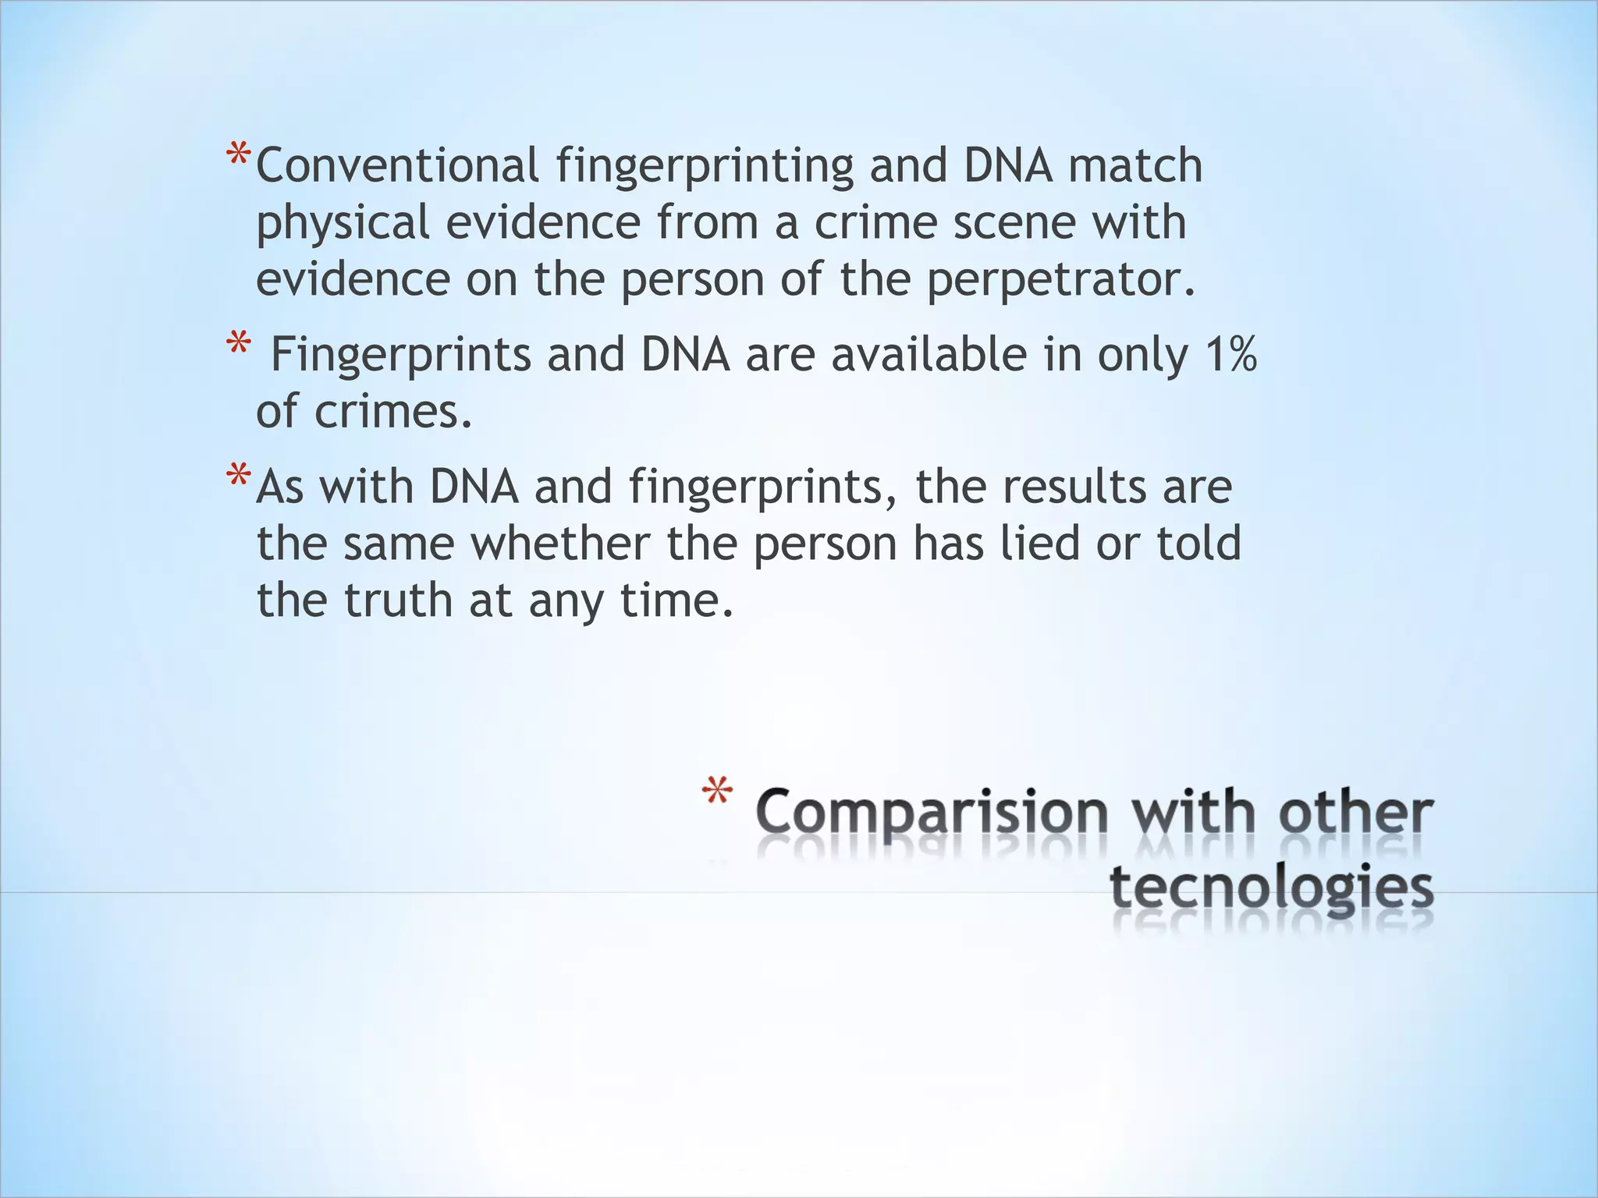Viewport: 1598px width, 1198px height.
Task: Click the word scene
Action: pyautogui.click(x=1014, y=223)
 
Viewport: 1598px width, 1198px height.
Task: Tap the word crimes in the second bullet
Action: pyautogui.click(x=392, y=412)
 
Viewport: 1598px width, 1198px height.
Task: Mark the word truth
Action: pyautogui.click(x=398, y=601)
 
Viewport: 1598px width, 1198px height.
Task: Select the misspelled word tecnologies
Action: pyautogui.click(x=1271, y=889)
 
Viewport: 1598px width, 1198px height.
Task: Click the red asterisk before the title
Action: pyautogui.click(x=717, y=793)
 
